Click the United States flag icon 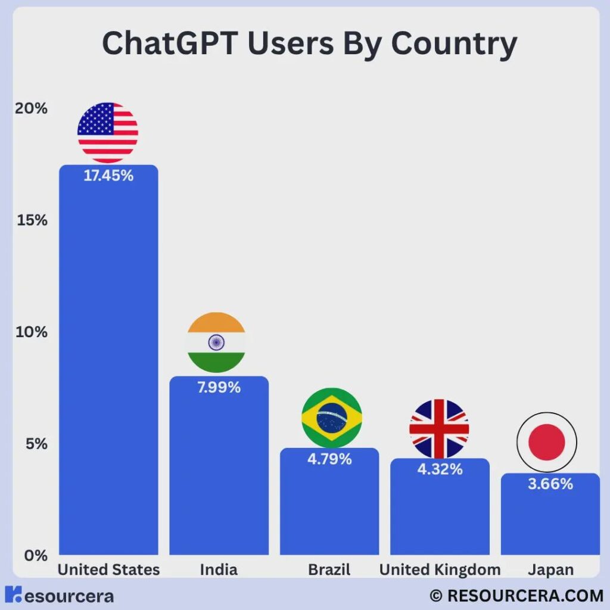click(108, 132)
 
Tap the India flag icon click(216, 343)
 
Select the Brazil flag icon click(332, 418)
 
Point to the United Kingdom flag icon click(439, 428)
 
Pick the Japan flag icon click(547, 443)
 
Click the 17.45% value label click(108, 176)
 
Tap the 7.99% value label click(219, 387)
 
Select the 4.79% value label click(329, 459)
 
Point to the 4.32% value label click(440, 469)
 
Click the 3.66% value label click(550, 484)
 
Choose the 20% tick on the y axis click(32, 108)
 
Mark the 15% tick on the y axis click(32, 220)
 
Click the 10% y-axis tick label click(32, 332)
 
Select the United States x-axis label click(108, 570)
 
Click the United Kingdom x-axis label click(440, 570)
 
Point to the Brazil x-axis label click(329, 570)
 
